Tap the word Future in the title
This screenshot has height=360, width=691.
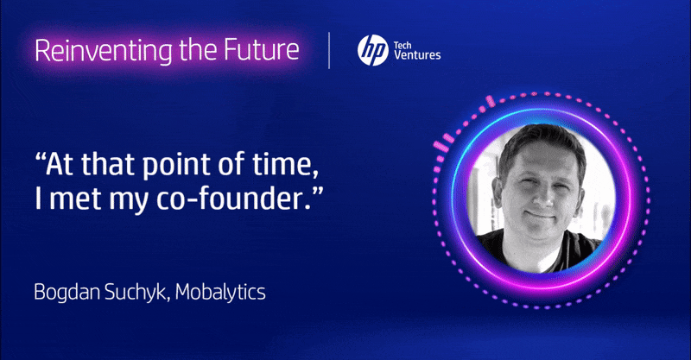(262, 49)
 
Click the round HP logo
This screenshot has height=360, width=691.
(373, 51)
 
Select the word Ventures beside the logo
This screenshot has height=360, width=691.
(417, 55)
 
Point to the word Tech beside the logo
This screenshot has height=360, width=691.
(403, 45)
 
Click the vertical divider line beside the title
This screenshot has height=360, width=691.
(329, 50)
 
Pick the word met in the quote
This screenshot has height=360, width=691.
(75, 199)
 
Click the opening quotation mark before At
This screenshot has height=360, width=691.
(40, 156)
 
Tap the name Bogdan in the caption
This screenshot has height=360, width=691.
(67, 293)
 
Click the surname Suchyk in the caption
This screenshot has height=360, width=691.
(137, 293)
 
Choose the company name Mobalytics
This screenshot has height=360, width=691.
(220, 293)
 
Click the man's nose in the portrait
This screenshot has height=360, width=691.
(543, 194)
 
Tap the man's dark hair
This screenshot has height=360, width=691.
(542, 141)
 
